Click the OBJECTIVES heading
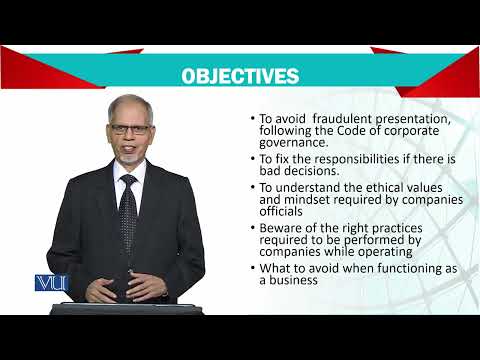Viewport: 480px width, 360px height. (x=239, y=77)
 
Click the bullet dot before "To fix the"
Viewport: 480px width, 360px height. (x=251, y=158)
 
